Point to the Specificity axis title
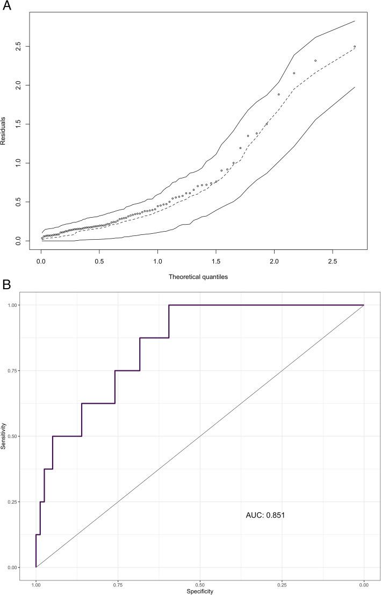199,591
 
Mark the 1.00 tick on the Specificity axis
36,584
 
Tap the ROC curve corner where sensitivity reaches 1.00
169,305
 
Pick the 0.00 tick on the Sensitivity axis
11,568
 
